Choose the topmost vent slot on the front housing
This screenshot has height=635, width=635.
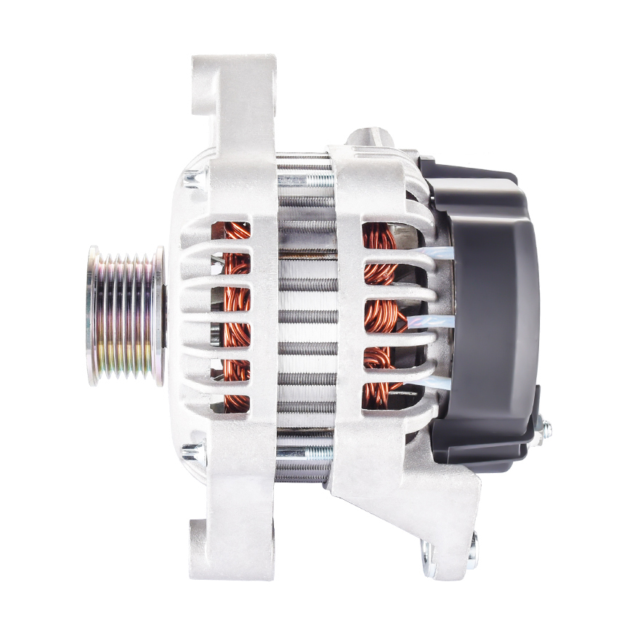pyautogui.click(x=230, y=231)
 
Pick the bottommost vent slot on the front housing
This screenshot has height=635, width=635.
pyautogui.click(x=230, y=404)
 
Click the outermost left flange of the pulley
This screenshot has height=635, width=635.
pyautogui.click(x=93, y=315)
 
